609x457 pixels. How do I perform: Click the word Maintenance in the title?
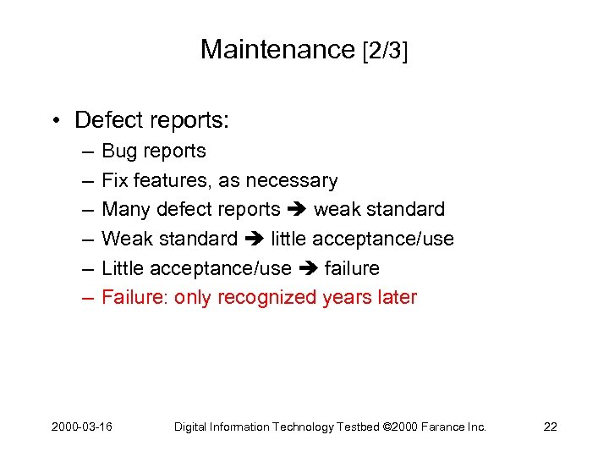click(x=277, y=49)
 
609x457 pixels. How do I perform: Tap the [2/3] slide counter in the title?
click(x=385, y=50)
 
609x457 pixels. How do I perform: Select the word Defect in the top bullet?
click(x=106, y=120)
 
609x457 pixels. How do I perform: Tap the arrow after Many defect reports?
click(x=297, y=210)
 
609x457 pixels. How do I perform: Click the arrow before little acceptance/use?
click(x=255, y=240)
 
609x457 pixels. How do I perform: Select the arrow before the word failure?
click(x=308, y=269)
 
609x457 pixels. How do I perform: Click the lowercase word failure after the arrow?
click(x=352, y=268)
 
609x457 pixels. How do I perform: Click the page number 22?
click(x=550, y=427)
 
